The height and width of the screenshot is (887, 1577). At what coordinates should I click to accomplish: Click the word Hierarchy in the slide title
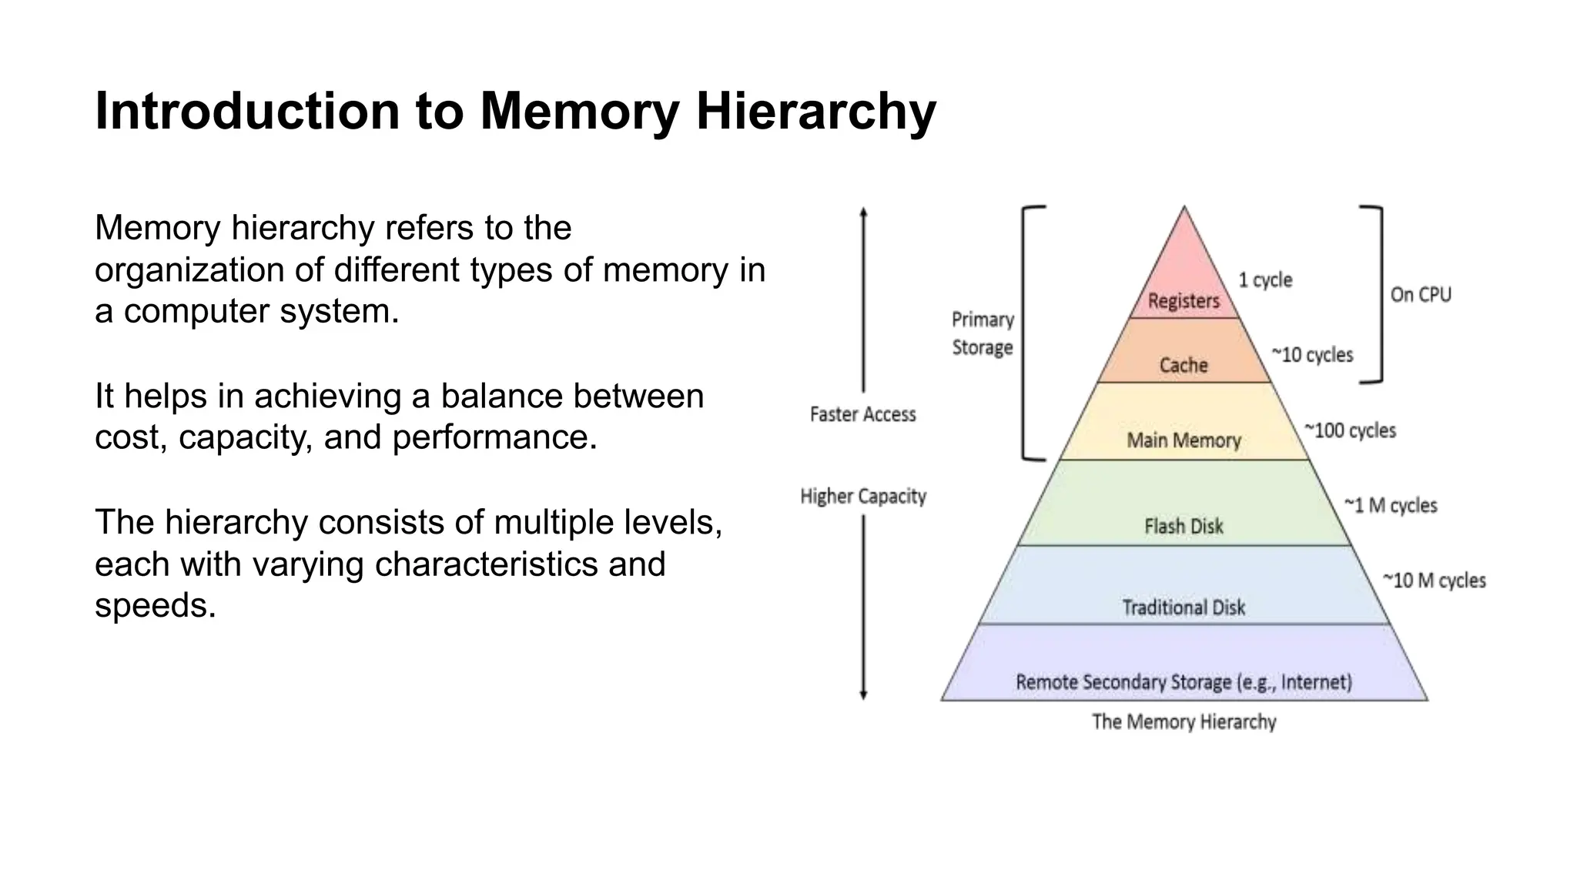tap(815, 112)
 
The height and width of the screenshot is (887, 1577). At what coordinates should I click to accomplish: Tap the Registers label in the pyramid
tap(1184, 301)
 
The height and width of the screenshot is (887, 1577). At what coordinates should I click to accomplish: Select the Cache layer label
tap(1184, 365)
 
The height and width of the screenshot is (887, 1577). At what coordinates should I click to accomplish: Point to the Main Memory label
tap(1184, 440)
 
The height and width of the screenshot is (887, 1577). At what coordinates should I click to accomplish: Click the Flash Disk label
tap(1184, 527)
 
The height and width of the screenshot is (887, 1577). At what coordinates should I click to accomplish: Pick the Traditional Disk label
tap(1184, 608)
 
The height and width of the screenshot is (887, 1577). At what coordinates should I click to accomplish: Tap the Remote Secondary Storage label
tap(1184, 682)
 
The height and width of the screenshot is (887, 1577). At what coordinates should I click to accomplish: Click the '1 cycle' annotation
tap(1265, 280)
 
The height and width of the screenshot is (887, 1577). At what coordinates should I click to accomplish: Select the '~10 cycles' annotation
tap(1312, 355)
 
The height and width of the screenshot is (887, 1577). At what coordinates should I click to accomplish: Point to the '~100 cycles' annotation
tap(1350, 430)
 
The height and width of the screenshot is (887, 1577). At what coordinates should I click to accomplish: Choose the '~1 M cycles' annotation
tap(1391, 506)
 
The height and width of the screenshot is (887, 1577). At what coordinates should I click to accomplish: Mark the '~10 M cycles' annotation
tap(1434, 581)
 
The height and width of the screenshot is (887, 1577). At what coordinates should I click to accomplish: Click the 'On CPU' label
tap(1421, 295)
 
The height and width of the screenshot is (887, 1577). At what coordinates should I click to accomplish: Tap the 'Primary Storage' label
tap(983, 333)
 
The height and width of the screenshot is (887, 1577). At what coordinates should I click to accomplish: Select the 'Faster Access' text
tap(863, 415)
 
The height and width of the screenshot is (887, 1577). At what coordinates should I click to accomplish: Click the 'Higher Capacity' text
tap(863, 497)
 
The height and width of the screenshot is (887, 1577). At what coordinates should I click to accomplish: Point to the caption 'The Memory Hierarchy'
tap(1184, 722)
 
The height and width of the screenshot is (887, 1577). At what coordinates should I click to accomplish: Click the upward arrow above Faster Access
tap(863, 300)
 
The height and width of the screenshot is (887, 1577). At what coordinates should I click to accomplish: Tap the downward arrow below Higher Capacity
tap(863, 608)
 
